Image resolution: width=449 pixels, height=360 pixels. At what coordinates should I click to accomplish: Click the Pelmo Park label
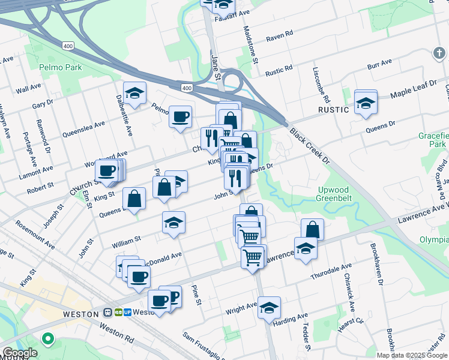click(60, 67)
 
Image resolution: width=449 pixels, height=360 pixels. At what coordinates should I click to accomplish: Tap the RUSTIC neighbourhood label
click(333, 110)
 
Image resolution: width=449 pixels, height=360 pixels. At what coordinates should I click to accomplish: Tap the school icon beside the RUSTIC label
click(365, 103)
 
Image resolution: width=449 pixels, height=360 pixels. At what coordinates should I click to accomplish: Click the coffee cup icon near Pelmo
click(180, 116)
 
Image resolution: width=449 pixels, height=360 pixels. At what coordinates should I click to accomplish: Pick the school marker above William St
click(173, 223)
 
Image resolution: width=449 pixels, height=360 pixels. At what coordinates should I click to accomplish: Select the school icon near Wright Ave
click(270, 307)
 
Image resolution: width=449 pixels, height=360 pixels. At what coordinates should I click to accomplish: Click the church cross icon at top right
click(439, 54)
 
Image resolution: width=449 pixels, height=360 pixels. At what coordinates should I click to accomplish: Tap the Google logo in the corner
click(20, 353)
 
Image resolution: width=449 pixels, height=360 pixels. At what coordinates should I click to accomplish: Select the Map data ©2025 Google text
click(411, 355)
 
